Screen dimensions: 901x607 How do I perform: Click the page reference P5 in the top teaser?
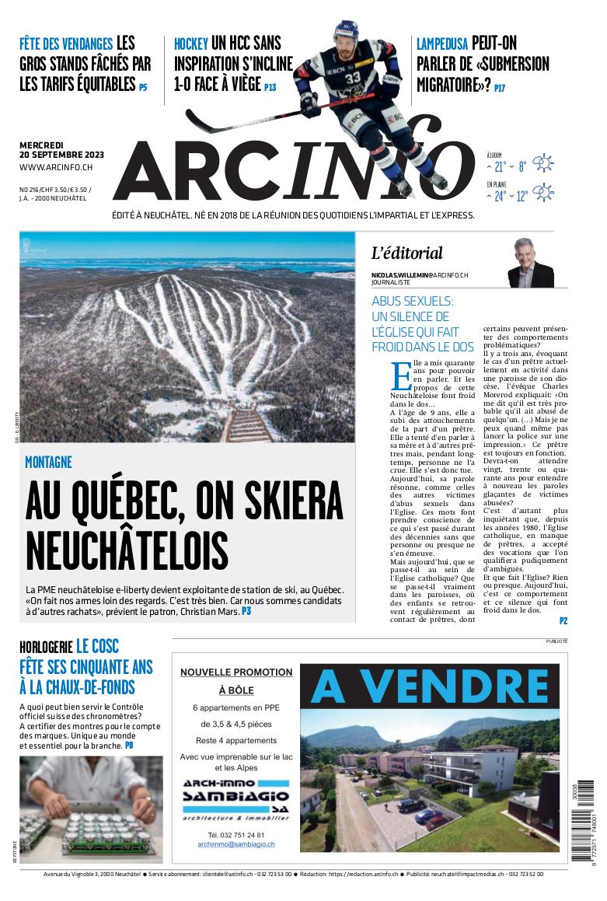(143, 88)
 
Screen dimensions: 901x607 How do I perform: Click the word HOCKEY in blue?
(190, 44)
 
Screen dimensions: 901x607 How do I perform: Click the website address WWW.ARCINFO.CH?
(56, 167)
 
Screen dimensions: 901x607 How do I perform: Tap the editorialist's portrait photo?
(530, 264)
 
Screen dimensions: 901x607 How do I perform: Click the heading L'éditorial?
(406, 253)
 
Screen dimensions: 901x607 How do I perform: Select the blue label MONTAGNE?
(48, 463)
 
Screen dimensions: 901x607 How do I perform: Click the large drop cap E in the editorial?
(401, 375)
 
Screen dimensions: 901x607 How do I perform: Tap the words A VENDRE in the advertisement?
(430, 686)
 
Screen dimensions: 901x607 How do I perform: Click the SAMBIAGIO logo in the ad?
(235, 798)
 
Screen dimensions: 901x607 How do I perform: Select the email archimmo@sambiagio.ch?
(235, 843)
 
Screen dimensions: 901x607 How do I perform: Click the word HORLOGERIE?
(46, 647)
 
